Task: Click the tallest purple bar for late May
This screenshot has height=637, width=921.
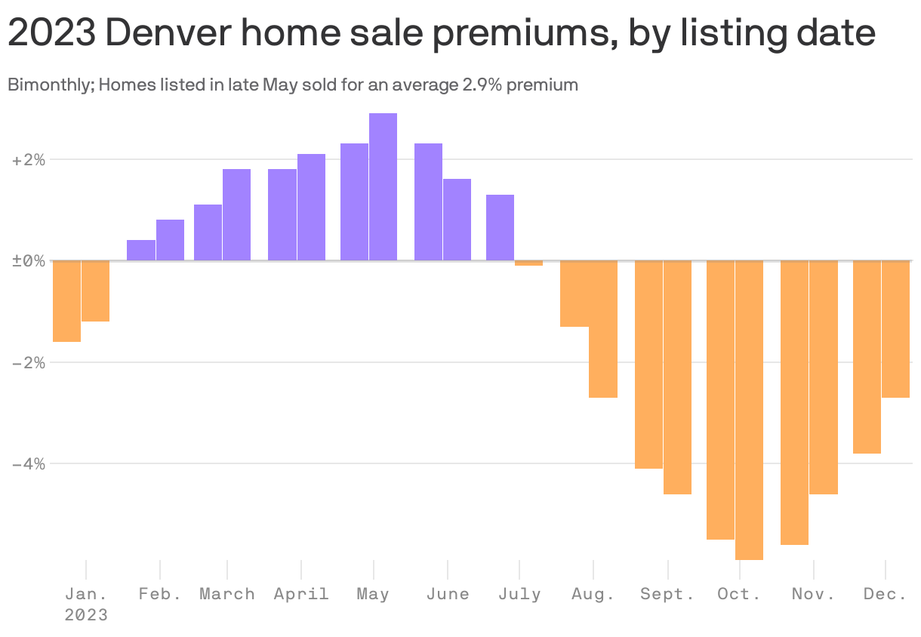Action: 383,187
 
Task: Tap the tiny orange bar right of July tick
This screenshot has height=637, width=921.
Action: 528,263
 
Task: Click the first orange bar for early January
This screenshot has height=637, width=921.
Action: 66,301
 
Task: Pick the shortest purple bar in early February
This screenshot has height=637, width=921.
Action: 141,251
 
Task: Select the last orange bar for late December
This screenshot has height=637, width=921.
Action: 895,329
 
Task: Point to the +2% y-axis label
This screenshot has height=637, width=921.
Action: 28,160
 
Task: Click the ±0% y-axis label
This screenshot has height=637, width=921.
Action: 28,261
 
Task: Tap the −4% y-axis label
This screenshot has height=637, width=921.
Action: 28,463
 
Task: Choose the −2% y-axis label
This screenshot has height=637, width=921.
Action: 28,362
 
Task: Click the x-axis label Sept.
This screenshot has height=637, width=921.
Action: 667,594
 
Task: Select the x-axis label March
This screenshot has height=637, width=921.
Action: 226,594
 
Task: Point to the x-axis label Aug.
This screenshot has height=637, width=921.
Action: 593,594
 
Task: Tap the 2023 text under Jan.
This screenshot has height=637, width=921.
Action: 86,615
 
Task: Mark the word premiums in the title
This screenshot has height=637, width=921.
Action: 516,35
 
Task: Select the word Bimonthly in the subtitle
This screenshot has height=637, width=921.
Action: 50,85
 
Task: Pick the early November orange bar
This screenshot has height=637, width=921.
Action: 794,402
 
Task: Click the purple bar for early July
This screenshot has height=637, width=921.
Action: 500,228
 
